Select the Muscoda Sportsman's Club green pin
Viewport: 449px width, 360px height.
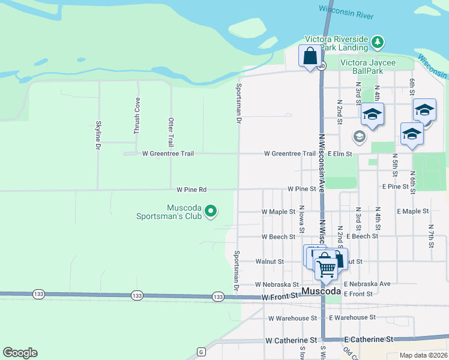tap(211, 211)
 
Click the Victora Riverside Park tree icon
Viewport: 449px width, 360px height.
tap(377, 42)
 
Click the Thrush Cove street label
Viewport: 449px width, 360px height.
tap(137, 115)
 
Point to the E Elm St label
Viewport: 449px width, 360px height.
tap(339, 154)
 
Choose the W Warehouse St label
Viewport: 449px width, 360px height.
tap(292, 318)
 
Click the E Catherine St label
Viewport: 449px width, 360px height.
tap(368, 340)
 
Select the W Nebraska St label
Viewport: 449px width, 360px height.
tap(277, 284)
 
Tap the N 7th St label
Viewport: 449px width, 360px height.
tap(431, 236)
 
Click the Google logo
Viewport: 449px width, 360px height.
tap(20, 353)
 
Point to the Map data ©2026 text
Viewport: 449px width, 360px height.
tap(423, 355)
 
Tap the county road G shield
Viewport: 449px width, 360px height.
tap(200, 351)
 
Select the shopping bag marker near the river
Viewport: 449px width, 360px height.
tap(310, 57)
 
